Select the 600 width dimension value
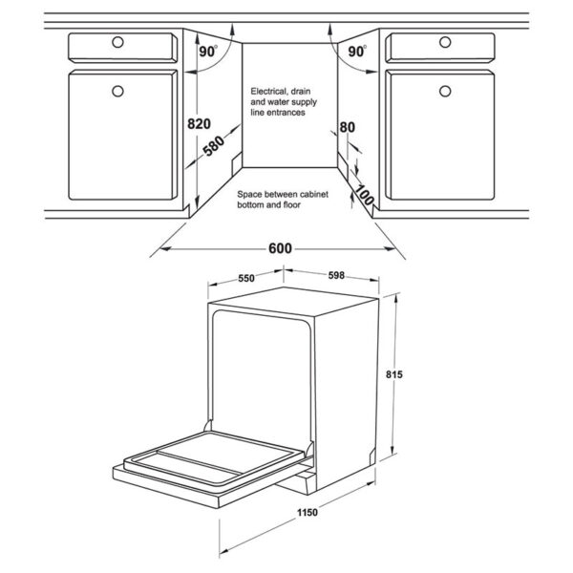tap(280, 248)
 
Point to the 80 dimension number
tap(347, 127)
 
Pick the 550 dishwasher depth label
tap(245, 279)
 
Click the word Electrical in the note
tap(269, 91)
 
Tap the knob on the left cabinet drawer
tap(117, 42)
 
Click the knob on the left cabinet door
tap(117, 92)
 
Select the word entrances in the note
tap(286, 113)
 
